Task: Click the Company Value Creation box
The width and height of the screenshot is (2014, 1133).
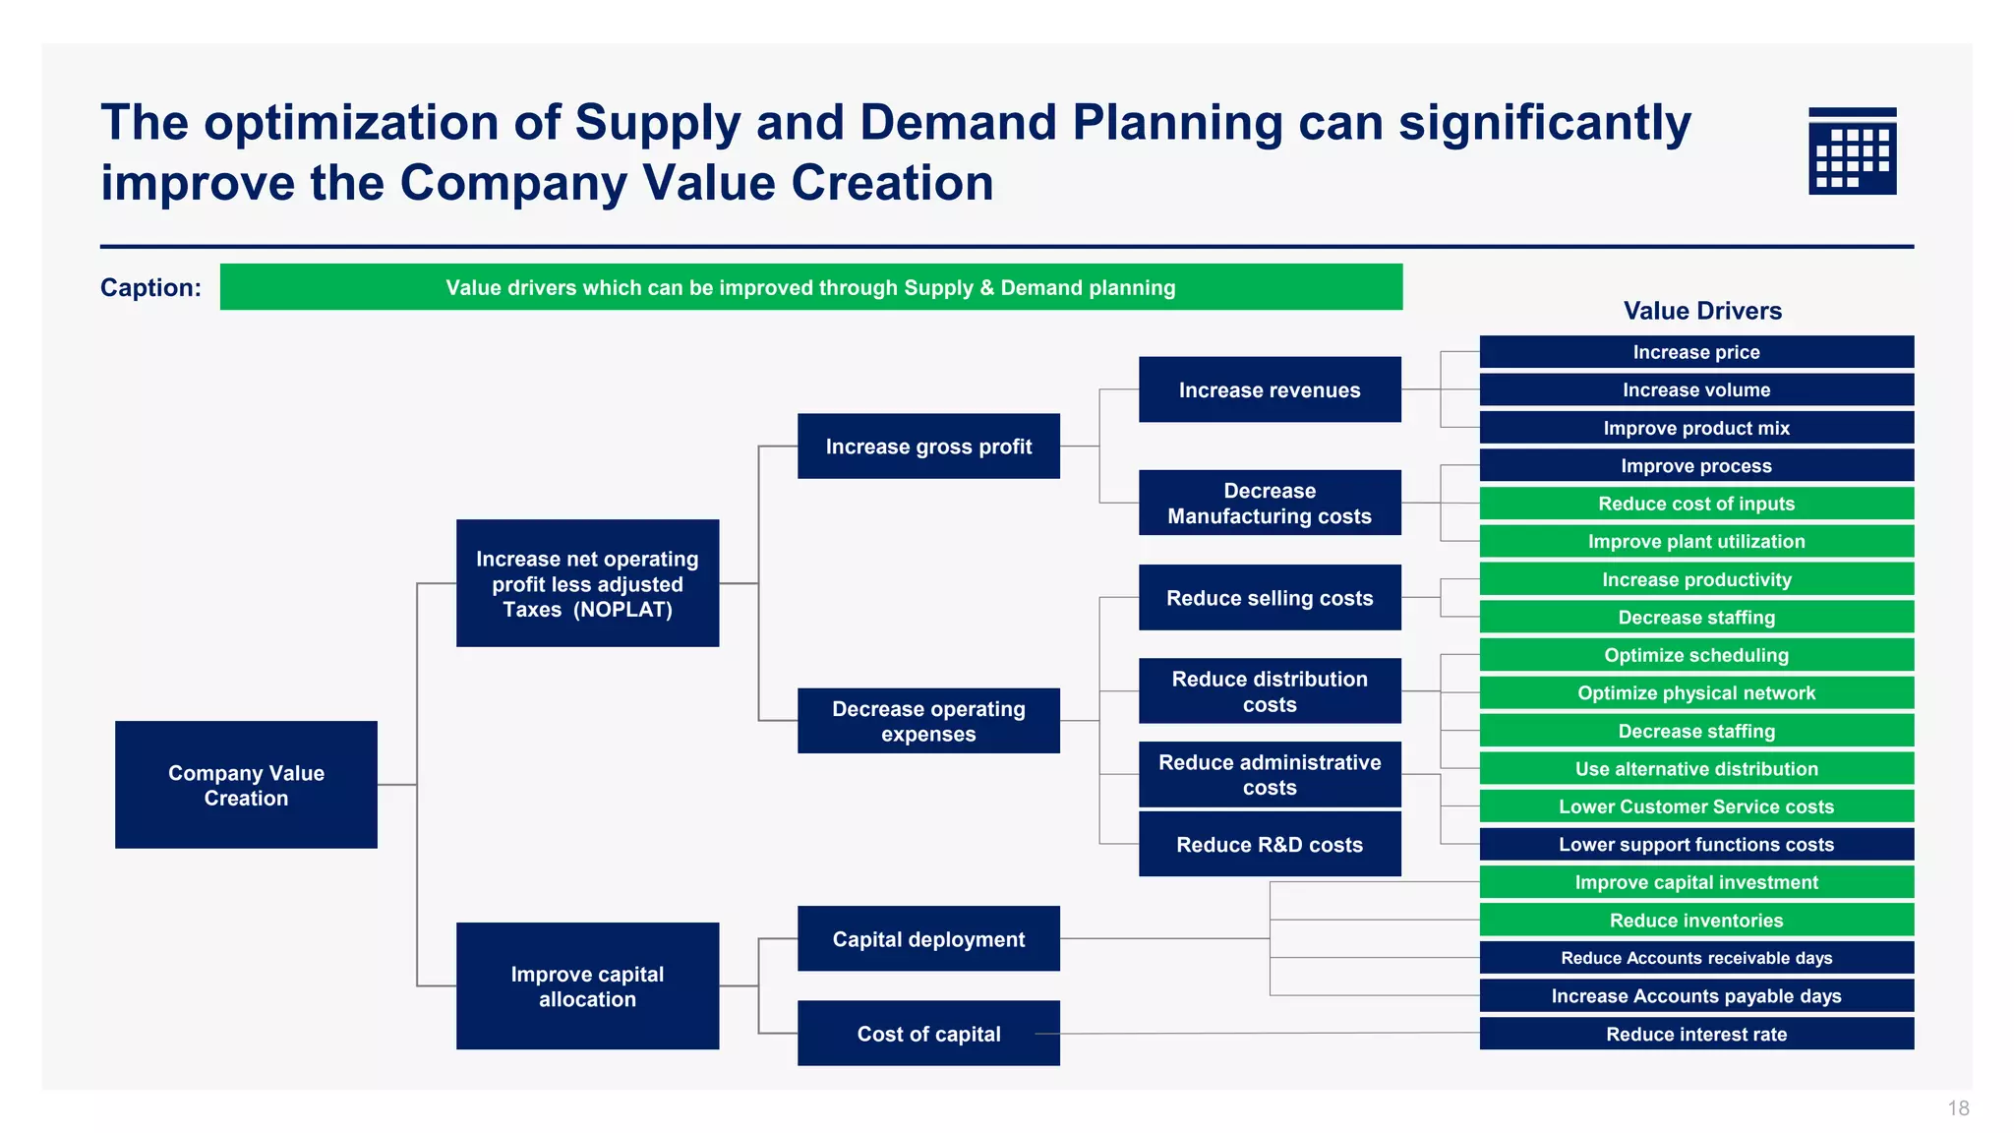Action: coord(246,785)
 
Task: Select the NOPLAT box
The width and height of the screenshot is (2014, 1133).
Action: coord(587,583)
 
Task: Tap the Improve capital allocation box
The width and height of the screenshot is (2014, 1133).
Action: coord(587,985)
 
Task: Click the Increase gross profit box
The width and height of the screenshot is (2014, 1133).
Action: coord(928,447)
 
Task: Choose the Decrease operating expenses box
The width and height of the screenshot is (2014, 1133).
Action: coord(928,721)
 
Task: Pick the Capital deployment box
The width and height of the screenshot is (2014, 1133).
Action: coord(928,939)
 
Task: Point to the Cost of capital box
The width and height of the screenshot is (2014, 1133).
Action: coord(928,1034)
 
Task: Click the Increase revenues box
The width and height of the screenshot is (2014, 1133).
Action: coord(1270,389)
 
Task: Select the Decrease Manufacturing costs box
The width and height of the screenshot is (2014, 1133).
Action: coord(1270,503)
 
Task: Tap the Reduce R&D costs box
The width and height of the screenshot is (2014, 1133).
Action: coord(1270,844)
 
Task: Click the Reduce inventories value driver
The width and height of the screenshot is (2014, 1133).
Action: coord(1696,921)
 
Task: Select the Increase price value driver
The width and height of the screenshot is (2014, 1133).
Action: coord(1696,352)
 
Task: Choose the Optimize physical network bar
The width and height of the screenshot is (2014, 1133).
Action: coord(1696,693)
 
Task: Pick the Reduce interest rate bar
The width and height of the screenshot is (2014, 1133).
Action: coord(1696,1034)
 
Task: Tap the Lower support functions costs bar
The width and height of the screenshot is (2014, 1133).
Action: coord(1696,845)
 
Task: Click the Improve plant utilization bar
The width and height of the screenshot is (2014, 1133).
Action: coord(1696,542)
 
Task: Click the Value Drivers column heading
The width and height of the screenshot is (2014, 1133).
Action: coord(1702,311)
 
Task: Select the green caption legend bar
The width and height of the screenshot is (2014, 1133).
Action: coord(810,287)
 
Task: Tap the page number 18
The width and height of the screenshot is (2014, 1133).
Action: coord(1958,1108)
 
